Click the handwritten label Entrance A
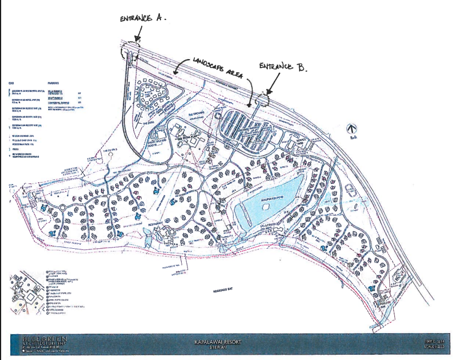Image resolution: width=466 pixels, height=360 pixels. [x=143, y=18]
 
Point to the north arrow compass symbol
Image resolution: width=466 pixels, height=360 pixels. [x=353, y=131]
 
